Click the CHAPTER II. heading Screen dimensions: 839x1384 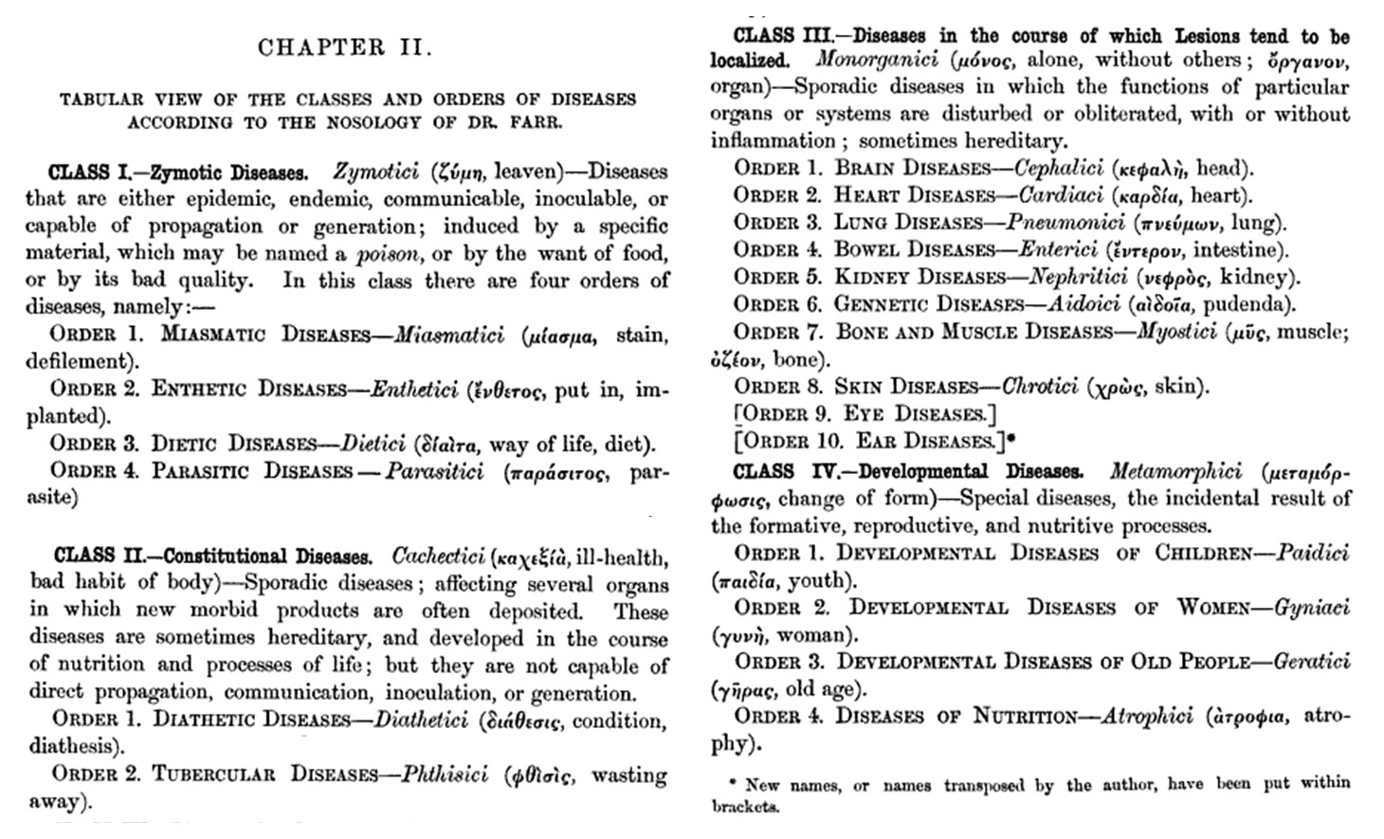coord(345,48)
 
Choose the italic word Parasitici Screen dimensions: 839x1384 coord(433,471)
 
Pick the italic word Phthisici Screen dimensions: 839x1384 coord(445,775)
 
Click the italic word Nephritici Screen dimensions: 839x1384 coord(1076,278)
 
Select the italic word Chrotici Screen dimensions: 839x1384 coord(1040,387)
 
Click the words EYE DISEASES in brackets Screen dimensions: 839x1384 coord(914,414)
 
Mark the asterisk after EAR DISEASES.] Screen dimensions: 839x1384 coord(1011,439)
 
